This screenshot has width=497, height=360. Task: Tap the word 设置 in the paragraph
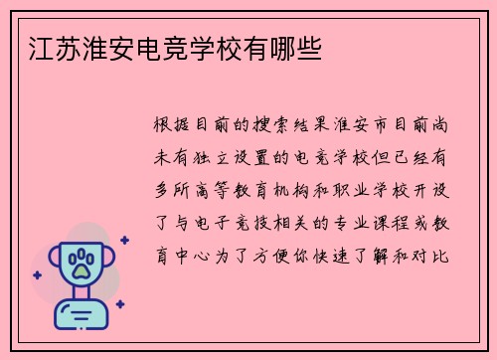265,156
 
